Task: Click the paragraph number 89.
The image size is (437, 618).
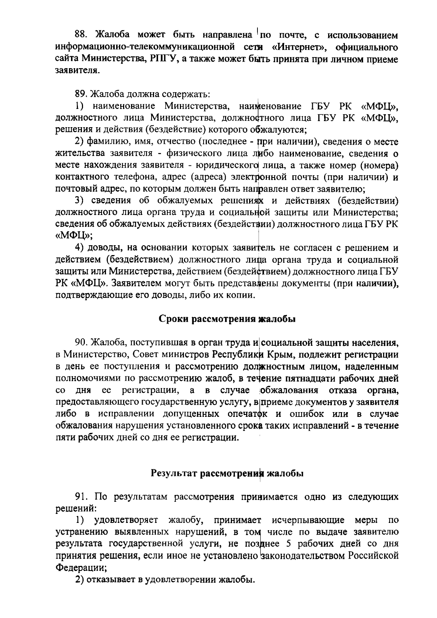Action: pos(80,94)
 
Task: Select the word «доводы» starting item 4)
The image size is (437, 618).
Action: pos(106,248)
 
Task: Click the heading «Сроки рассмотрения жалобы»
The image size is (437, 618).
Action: pos(227,319)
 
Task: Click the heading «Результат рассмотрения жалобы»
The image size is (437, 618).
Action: pos(227,474)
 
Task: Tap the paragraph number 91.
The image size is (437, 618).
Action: pos(80,497)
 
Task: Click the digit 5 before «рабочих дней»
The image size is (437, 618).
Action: pos(290,544)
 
